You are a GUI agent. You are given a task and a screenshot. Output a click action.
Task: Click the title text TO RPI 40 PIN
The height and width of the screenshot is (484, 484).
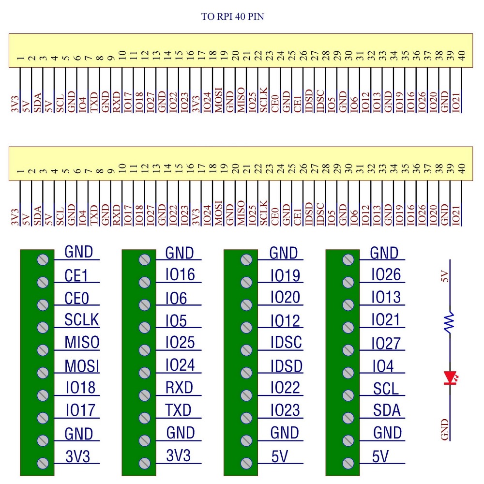pos(232,17)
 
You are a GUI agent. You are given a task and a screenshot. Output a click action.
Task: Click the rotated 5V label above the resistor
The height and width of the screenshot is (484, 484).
pos(446,277)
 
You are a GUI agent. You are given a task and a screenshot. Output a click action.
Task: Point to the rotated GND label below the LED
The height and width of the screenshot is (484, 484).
pos(446,430)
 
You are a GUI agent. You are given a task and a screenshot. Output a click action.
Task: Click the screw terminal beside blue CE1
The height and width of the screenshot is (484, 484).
pos(43,282)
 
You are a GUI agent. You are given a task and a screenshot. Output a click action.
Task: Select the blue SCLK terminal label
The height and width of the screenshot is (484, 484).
pos(81,320)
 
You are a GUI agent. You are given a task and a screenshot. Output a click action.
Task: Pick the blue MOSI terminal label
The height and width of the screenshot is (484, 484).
pos(82,366)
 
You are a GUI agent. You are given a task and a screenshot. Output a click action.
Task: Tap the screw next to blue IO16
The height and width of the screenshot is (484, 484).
pos(144,282)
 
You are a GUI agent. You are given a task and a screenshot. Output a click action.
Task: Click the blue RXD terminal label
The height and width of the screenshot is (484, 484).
pos(179,388)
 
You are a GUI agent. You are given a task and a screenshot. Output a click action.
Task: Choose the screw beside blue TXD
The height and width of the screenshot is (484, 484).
pos(144,418)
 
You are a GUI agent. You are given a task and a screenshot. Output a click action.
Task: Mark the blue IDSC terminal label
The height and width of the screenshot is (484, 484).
pos(286,343)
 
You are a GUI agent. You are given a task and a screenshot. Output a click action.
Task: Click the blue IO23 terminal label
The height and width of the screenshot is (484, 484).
pos(285,410)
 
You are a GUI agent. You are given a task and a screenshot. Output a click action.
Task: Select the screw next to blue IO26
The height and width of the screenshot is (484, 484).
pos(348,282)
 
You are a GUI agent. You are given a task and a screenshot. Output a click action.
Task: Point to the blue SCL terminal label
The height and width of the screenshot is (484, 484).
pos(386,388)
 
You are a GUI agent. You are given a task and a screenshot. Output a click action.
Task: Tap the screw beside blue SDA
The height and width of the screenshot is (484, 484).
pos(348,418)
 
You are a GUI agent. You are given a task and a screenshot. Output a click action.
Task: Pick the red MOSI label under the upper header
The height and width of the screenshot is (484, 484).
pos(219,100)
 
